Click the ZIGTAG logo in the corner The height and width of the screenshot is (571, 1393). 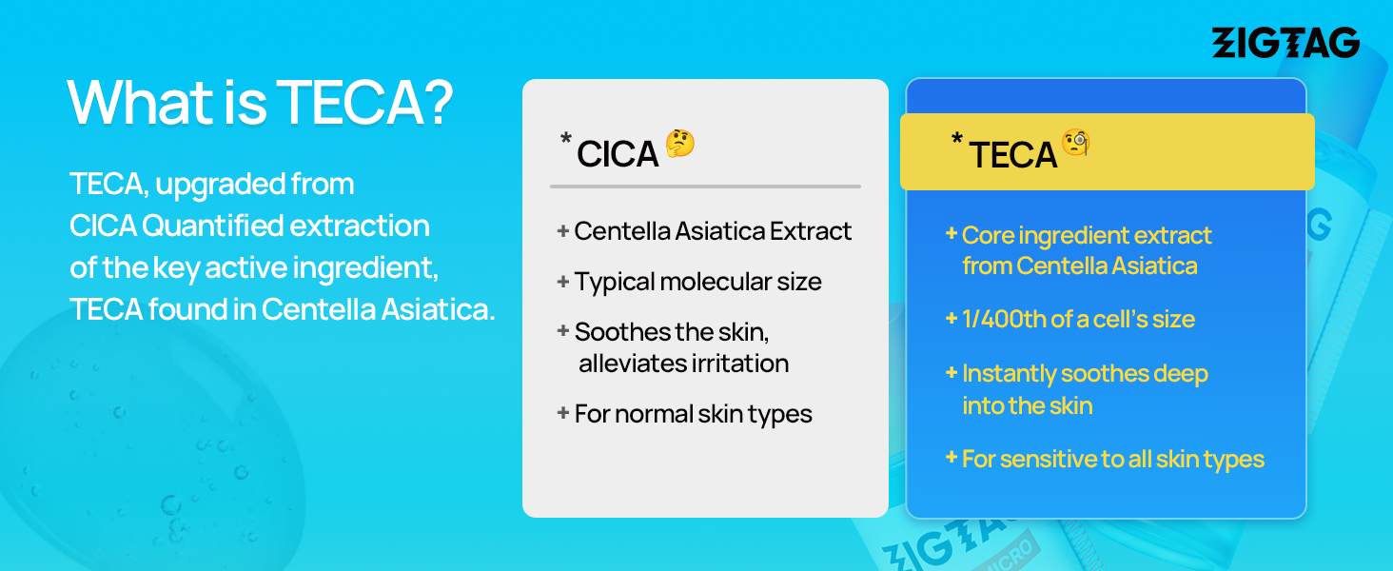1285,42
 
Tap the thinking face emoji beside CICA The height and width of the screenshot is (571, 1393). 679,143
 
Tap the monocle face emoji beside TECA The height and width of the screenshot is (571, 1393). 1076,143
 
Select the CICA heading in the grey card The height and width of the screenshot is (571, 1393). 617,153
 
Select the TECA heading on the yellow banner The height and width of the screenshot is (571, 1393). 1012,155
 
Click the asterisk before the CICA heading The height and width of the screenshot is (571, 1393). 566,138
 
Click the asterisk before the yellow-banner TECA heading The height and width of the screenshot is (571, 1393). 957,138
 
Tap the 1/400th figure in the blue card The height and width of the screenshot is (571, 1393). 1004,319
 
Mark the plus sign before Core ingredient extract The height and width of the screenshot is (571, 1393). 951,234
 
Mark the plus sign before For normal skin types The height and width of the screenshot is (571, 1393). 562,413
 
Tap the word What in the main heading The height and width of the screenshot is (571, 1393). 141,103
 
